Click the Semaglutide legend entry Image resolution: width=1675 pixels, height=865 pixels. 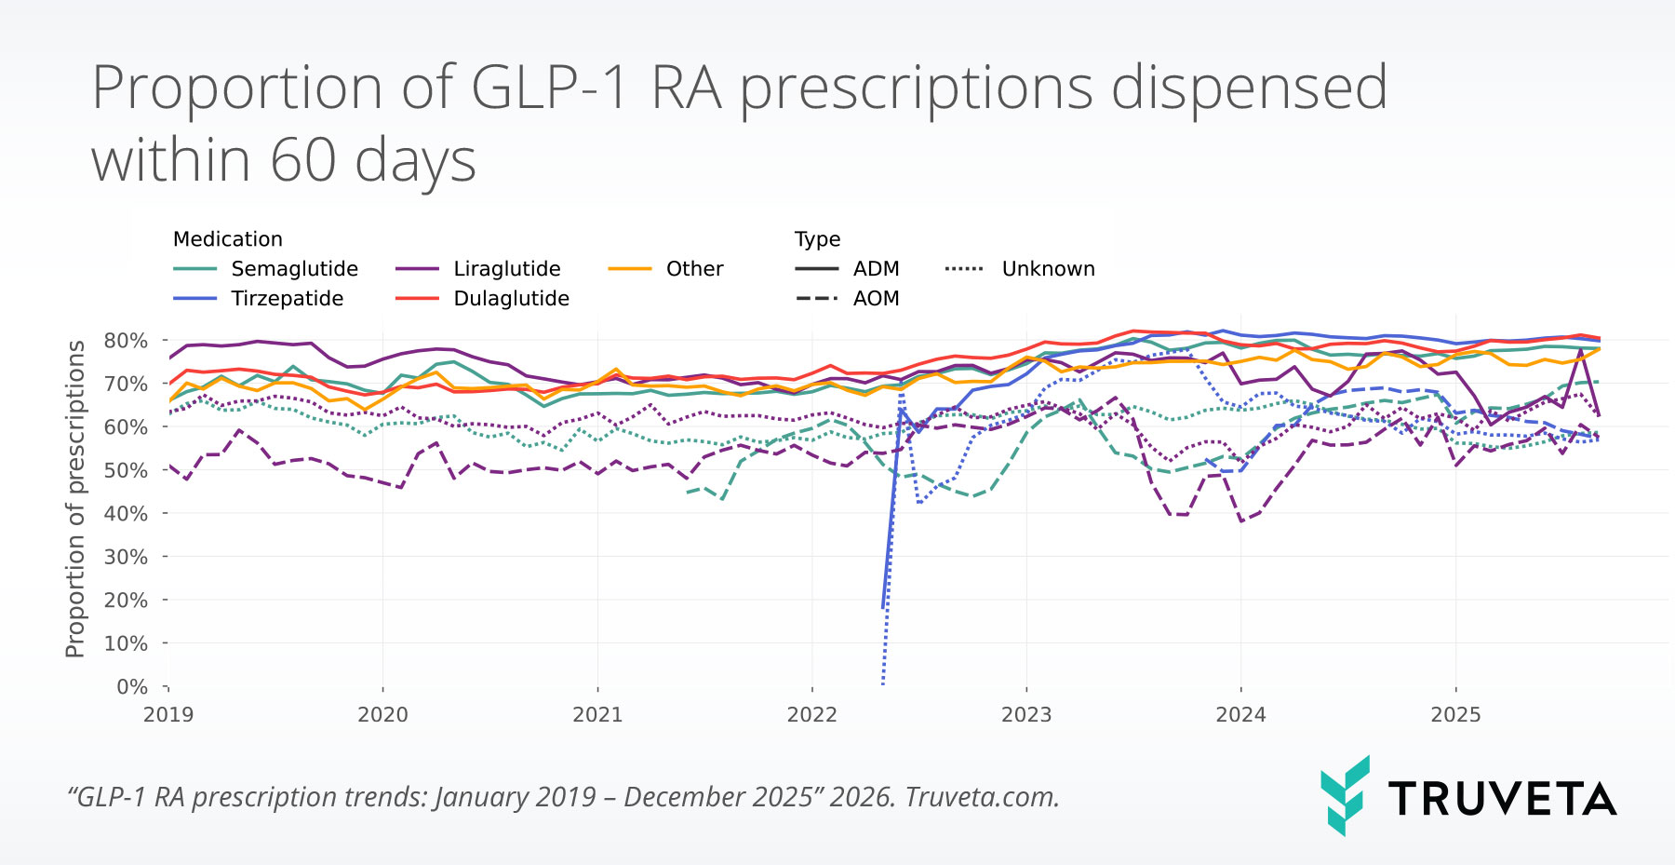click(294, 269)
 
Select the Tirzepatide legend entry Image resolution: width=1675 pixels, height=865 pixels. click(287, 299)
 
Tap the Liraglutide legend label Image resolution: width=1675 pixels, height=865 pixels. click(507, 269)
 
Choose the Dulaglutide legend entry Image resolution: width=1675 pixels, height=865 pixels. click(511, 299)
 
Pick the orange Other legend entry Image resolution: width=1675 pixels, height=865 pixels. click(694, 269)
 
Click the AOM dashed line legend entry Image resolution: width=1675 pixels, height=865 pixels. click(876, 299)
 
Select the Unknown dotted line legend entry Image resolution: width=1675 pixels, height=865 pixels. click(1048, 269)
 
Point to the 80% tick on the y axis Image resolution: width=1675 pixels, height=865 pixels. click(126, 341)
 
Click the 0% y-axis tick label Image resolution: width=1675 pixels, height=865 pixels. click(131, 687)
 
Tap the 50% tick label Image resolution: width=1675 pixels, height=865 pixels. click(126, 470)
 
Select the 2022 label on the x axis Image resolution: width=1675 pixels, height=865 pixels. click(811, 715)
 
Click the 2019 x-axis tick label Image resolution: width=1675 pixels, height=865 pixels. click(168, 715)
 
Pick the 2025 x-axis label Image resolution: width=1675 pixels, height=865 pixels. click(1455, 715)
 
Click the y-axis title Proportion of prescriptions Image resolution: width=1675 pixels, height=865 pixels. click(75, 499)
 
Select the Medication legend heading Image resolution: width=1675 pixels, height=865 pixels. click(227, 239)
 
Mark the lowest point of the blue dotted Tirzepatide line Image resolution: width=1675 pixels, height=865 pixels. click(882, 684)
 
